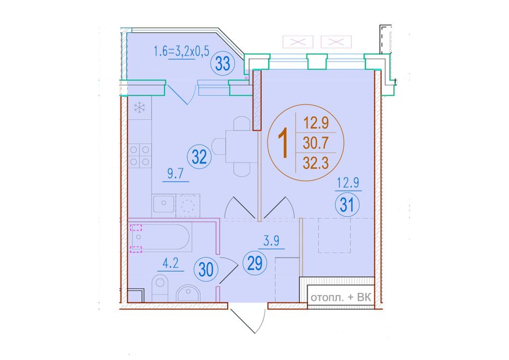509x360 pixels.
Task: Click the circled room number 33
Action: [x=223, y=63]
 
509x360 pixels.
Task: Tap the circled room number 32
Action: [x=199, y=157]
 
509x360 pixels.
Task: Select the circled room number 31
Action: [x=347, y=205]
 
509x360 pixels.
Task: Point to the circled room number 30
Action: [x=206, y=270]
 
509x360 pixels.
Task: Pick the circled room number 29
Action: [x=255, y=263]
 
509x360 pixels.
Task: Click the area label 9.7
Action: [x=176, y=174]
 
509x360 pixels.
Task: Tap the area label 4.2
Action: [x=170, y=264]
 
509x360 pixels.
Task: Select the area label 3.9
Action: [x=272, y=241]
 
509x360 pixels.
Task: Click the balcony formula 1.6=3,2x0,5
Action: [x=182, y=51]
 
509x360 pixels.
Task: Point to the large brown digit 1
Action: [x=285, y=143]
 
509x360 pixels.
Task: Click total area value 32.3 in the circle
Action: [x=316, y=163]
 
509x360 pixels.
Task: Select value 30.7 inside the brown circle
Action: [x=316, y=143]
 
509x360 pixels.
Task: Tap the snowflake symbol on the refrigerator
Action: [x=140, y=108]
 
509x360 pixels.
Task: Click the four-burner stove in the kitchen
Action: [x=140, y=155]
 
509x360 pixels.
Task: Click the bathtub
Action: [x=160, y=237]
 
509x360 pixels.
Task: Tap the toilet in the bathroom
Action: [x=160, y=287]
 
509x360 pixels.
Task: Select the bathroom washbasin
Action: [x=188, y=294]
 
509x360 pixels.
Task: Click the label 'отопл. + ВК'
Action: [x=341, y=297]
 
